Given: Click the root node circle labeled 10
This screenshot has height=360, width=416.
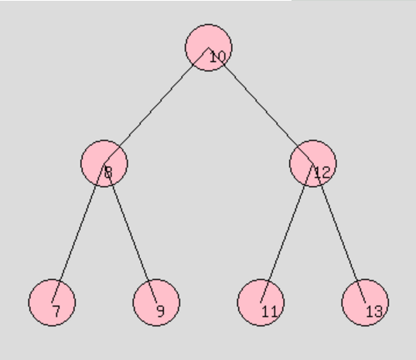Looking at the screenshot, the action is pos(208,48).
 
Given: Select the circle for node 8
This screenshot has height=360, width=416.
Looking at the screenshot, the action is pos(104,163).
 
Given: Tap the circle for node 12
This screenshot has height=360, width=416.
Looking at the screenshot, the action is pos(313,163).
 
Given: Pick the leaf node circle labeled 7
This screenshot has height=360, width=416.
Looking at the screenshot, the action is pos(52,303).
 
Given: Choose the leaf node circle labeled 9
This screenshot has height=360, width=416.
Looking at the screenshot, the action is pos(156,303).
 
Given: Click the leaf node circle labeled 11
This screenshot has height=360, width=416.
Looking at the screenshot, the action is pos(261,303).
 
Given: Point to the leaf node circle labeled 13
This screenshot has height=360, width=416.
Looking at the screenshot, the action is pos(365,303).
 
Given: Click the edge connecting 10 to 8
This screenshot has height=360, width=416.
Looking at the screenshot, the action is pos(156,106).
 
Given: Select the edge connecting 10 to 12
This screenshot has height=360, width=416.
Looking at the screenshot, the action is pos(261,106).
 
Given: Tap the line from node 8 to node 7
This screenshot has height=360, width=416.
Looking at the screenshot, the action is pos(78,233).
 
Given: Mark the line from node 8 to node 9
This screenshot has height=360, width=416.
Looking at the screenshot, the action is pos(130,233).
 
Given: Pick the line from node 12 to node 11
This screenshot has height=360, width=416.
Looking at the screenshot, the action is pos(287,233).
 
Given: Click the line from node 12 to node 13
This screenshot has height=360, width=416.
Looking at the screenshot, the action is pos(339,233).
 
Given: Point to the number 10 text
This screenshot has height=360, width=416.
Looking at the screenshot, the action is pos(217,56).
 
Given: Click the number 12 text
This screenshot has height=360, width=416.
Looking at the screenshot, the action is pos(322,172).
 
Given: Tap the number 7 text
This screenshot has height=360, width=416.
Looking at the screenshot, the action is pos(56,311).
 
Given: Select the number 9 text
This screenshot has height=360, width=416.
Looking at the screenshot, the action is pos(161,311).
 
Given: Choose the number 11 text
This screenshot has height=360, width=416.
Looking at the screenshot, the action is pos(270,311).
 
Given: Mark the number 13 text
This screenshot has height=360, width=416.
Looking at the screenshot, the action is pos(374,311).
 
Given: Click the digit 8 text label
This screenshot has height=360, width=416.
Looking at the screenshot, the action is pos(108,172).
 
